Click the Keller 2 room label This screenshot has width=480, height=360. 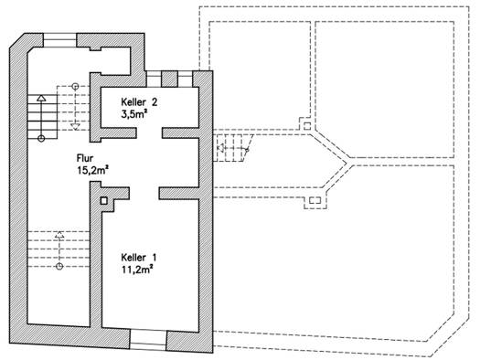[x=139, y=101]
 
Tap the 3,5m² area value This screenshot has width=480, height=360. [x=134, y=114]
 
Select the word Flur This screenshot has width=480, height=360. [x=85, y=158]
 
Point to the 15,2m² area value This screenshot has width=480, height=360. [x=93, y=170]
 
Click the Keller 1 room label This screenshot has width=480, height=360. [x=139, y=258]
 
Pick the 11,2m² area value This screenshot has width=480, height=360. [x=137, y=270]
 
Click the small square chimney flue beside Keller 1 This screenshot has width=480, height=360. [x=104, y=201]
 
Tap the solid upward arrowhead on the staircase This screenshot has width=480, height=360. [x=41, y=98]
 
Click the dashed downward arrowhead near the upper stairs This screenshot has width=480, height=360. [x=75, y=127]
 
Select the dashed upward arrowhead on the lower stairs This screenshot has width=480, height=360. [x=59, y=235]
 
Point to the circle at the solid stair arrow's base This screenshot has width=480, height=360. [x=41, y=139]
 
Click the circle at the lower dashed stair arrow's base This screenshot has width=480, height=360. [x=59, y=267]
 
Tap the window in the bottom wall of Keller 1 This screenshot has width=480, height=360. [x=148, y=340]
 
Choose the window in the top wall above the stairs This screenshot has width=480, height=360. [x=59, y=40]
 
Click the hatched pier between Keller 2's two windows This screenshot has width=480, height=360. [x=169, y=79]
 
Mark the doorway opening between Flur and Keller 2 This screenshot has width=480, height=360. [x=149, y=133]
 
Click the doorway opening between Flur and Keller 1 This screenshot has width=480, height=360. [x=144, y=194]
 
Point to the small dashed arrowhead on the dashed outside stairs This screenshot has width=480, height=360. [x=219, y=148]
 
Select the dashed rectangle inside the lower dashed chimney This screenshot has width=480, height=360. [x=315, y=201]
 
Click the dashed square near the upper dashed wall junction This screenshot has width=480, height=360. [x=307, y=126]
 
